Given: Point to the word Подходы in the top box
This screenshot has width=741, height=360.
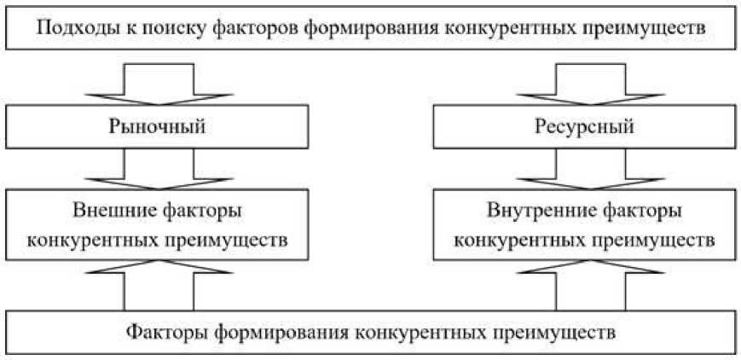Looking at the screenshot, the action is point(71,28).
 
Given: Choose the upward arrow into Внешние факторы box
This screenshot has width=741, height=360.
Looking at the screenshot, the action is point(159,286).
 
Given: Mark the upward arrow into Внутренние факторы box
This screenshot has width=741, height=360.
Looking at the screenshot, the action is point(583,286).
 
